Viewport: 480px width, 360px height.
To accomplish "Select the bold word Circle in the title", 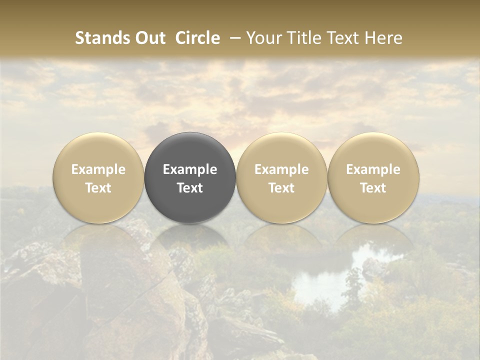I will [197, 38].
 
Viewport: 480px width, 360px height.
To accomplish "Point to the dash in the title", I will [233, 38].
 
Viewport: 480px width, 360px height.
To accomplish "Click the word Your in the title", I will [263, 38].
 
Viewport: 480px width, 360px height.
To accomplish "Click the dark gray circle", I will [190, 200].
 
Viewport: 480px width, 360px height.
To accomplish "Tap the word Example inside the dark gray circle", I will [190, 169].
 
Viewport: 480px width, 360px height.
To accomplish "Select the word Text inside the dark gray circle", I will [190, 188].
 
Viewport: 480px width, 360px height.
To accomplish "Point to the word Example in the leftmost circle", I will [98, 169].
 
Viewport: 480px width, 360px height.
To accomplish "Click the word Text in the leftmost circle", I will [98, 188].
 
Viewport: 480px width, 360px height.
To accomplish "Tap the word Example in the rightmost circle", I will [373, 169].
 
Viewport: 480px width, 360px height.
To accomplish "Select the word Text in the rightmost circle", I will [373, 188].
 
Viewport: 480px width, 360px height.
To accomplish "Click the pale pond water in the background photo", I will [320, 285].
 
